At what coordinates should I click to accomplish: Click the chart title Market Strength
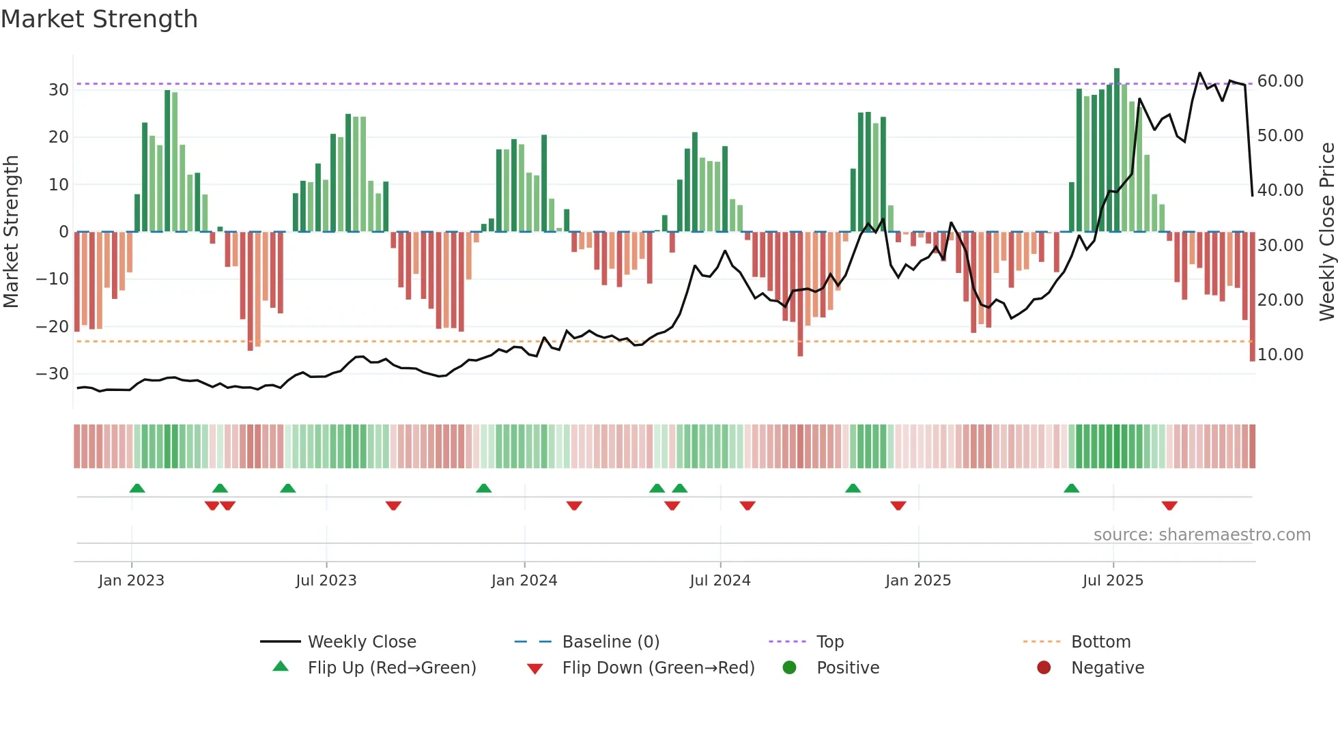(x=99, y=19)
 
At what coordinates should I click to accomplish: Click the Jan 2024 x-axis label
(x=524, y=581)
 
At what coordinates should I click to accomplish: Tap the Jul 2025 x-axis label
(x=1113, y=581)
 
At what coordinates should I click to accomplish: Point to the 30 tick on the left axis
(x=59, y=90)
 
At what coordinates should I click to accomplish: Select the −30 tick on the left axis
(x=53, y=374)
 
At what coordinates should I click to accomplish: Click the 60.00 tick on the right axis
(x=1280, y=81)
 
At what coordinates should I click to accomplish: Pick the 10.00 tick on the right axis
(x=1280, y=355)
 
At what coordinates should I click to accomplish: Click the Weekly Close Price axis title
(x=1326, y=232)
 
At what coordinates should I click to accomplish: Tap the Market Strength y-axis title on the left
(x=12, y=232)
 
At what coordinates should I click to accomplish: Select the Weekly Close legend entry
(x=361, y=642)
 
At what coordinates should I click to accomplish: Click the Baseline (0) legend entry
(x=610, y=642)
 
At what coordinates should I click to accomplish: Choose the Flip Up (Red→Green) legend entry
(x=391, y=668)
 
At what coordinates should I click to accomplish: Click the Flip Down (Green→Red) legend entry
(x=658, y=668)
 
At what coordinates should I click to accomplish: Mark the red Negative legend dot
(x=1044, y=668)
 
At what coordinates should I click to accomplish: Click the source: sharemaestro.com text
(x=1201, y=535)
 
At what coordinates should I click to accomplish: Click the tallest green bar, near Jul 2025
(x=1117, y=150)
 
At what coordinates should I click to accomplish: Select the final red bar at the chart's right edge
(x=1252, y=297)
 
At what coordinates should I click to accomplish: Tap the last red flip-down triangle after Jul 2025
(x=1169, y=506)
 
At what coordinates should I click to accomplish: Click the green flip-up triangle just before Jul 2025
(x=1072, y=488)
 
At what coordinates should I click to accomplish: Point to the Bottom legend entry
(x=1100, y=642)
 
